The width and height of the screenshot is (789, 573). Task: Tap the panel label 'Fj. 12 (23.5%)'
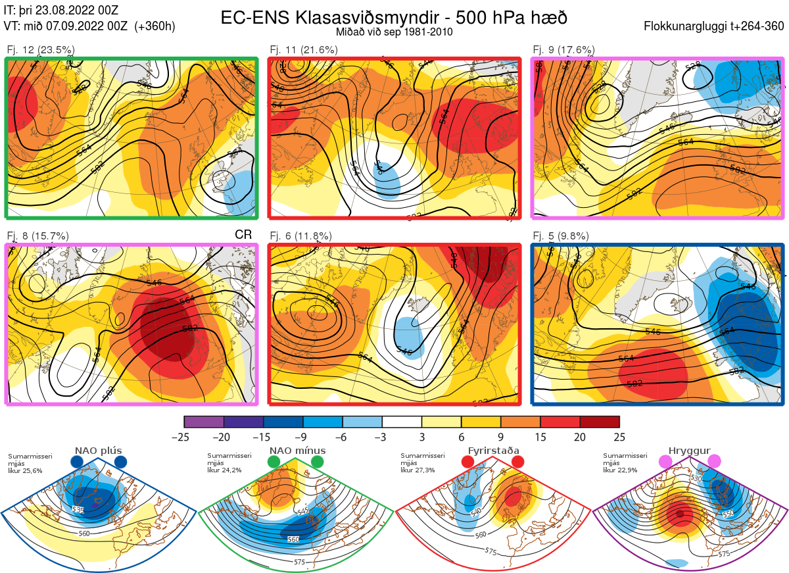40,50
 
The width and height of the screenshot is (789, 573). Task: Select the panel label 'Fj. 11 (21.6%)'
303,50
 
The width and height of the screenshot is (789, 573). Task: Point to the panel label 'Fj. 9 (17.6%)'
563,50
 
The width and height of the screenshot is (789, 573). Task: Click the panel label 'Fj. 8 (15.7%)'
37,236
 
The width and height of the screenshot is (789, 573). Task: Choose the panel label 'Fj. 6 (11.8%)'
300,236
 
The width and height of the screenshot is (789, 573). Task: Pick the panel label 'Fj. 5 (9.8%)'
560,236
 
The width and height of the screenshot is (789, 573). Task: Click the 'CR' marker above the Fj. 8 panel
243,235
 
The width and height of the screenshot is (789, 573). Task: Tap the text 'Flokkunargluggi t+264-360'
715,27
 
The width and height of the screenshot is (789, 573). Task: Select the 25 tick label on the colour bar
619,437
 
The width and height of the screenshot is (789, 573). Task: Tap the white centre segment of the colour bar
402,422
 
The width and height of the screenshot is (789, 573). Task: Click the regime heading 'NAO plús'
97,451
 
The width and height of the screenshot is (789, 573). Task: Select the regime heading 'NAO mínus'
297,451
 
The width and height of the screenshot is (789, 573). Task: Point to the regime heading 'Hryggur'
690,451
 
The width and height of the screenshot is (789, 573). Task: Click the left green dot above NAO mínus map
274,462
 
